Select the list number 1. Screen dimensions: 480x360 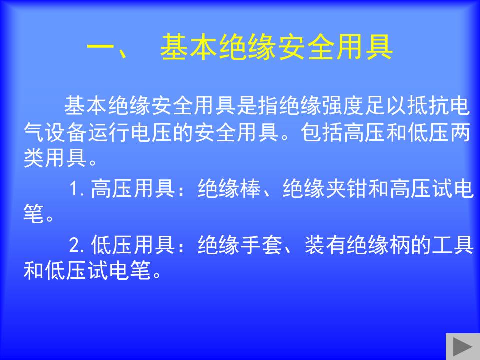[x=74, y=188]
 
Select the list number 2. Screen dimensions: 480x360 [x=74, y=245]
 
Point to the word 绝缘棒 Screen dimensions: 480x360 [x=229, y=188]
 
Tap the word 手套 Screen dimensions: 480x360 [x=261, y=245]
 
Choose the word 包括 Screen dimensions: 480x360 [x=322, y=132]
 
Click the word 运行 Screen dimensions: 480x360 [x=109, y=132]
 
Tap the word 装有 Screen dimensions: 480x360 [x=325, y=245]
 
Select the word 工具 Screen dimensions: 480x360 [x=453, y=245]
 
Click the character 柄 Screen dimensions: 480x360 [x=400, y=245]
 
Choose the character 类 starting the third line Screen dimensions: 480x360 [x=33, y=158]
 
